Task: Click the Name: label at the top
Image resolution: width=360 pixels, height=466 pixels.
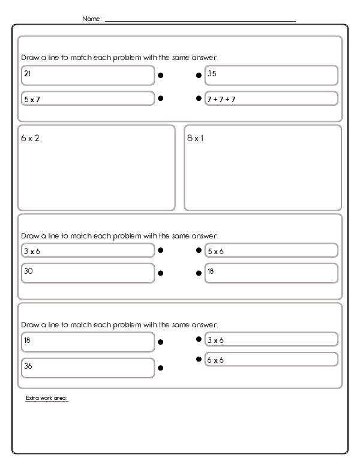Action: [92, 19]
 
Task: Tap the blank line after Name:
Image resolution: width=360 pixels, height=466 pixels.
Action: [200, 20]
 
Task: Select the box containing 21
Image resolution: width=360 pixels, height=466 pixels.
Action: [88, 76]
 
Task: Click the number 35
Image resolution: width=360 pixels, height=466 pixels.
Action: [212, 73]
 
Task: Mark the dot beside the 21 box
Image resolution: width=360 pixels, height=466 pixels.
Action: [161, 76]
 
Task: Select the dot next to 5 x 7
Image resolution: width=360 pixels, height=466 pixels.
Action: [161, 98]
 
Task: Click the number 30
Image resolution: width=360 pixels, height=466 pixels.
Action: [28, 271]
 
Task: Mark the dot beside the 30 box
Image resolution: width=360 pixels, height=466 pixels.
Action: [161, 273]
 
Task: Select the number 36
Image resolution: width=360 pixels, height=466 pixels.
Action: [28, 365]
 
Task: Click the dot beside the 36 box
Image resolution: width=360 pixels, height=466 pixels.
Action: [161, 368]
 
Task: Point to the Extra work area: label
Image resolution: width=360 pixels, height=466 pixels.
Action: [47, 398]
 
